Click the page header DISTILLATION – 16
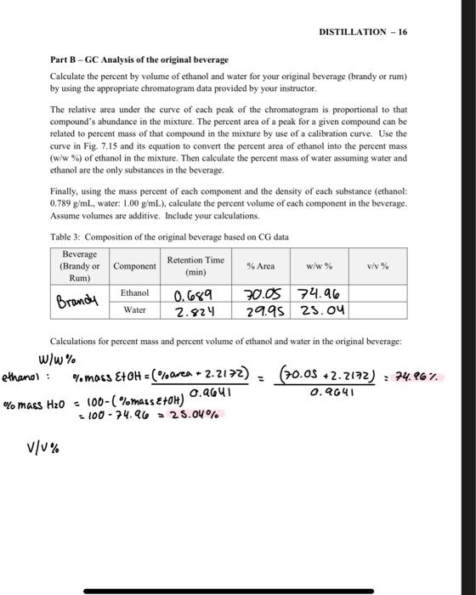(364, 31)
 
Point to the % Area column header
(260, 266)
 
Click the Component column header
(134, 266)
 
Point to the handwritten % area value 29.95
(261, 312)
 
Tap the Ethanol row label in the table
(134, 292)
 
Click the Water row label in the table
(134, 309)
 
